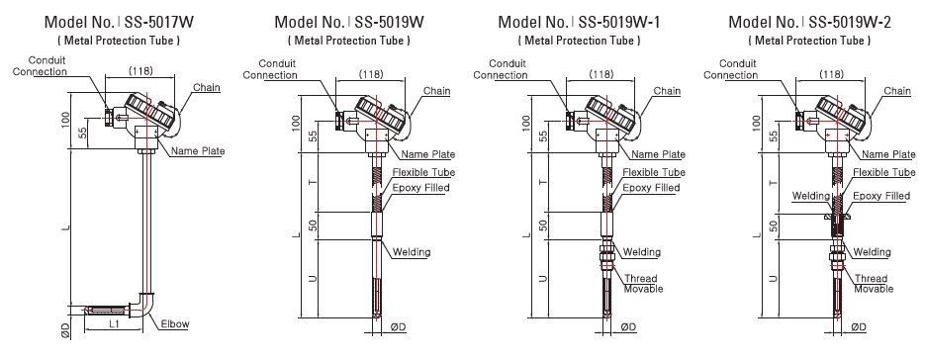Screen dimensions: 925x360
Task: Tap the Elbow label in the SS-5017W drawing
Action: tap(175, 324)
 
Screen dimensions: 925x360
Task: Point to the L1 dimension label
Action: tap(114, 324)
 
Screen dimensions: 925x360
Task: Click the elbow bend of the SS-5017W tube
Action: tap(145, 303)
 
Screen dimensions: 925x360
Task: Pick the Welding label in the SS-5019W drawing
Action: tap(412, 252)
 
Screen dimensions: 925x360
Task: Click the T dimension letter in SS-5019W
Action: tap(314, 182)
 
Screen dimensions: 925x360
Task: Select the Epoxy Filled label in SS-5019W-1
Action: tap(651, 188)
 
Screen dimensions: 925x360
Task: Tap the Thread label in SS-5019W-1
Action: tap(640, 279)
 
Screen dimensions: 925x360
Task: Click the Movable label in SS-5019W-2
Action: tap(874, 289)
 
